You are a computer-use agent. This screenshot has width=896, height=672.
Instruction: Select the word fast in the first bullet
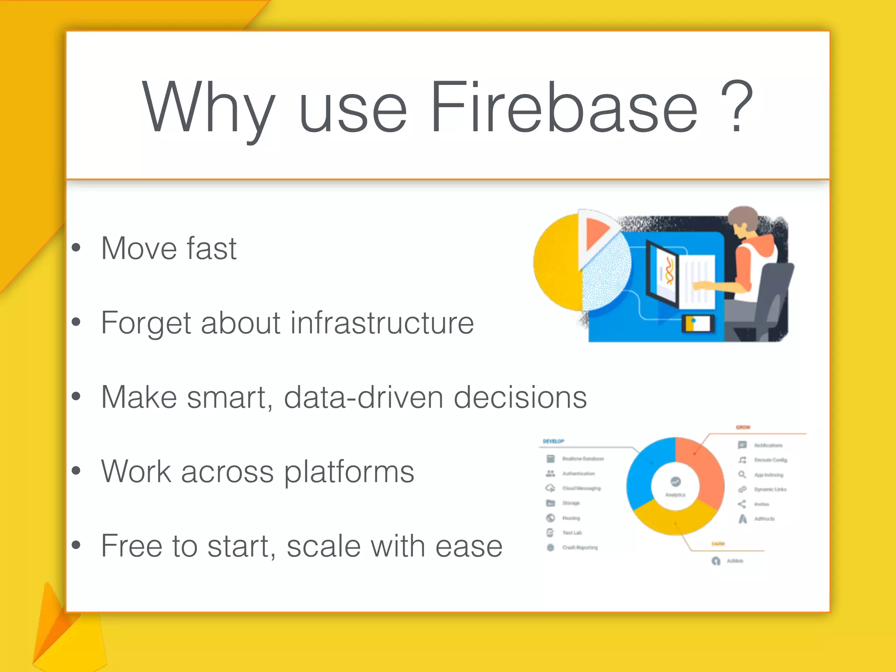click(x=212, y=248)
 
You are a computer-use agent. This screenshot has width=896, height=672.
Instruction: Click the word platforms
click(x=349, y=472)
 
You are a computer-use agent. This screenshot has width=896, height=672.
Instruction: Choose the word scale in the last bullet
click(x=324, y=546)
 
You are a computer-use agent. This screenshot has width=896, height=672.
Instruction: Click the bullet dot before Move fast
click(x=77, y=248)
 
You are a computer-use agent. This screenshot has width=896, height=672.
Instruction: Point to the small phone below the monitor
click(x=698, y=324)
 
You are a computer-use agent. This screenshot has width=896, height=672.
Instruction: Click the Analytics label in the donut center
click(x=675, y=495)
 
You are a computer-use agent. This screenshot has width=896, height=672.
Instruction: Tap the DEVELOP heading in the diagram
click(x=553, y=441)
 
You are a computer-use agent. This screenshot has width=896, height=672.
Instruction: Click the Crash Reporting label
click(x=580, y=547)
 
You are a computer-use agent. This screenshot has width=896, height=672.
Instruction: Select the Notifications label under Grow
click(x=768, y=445)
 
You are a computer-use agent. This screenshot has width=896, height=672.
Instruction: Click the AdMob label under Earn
click(x=735, y=561)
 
